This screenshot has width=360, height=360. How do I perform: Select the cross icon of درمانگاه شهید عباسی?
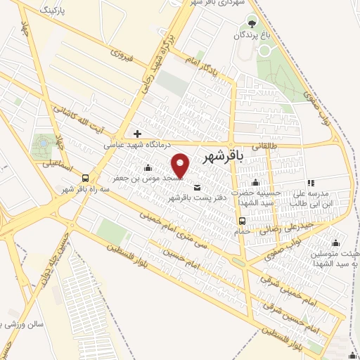[x=137, y=134]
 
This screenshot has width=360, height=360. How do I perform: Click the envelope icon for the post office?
[x=195, y=187]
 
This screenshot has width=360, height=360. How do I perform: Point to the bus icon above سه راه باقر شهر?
[x=85, y=178]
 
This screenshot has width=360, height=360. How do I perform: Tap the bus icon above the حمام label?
[x=242, y=220]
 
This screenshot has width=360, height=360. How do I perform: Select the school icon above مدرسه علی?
[x=310, y=183]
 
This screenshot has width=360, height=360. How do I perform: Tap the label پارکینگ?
[x=58, y=12]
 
